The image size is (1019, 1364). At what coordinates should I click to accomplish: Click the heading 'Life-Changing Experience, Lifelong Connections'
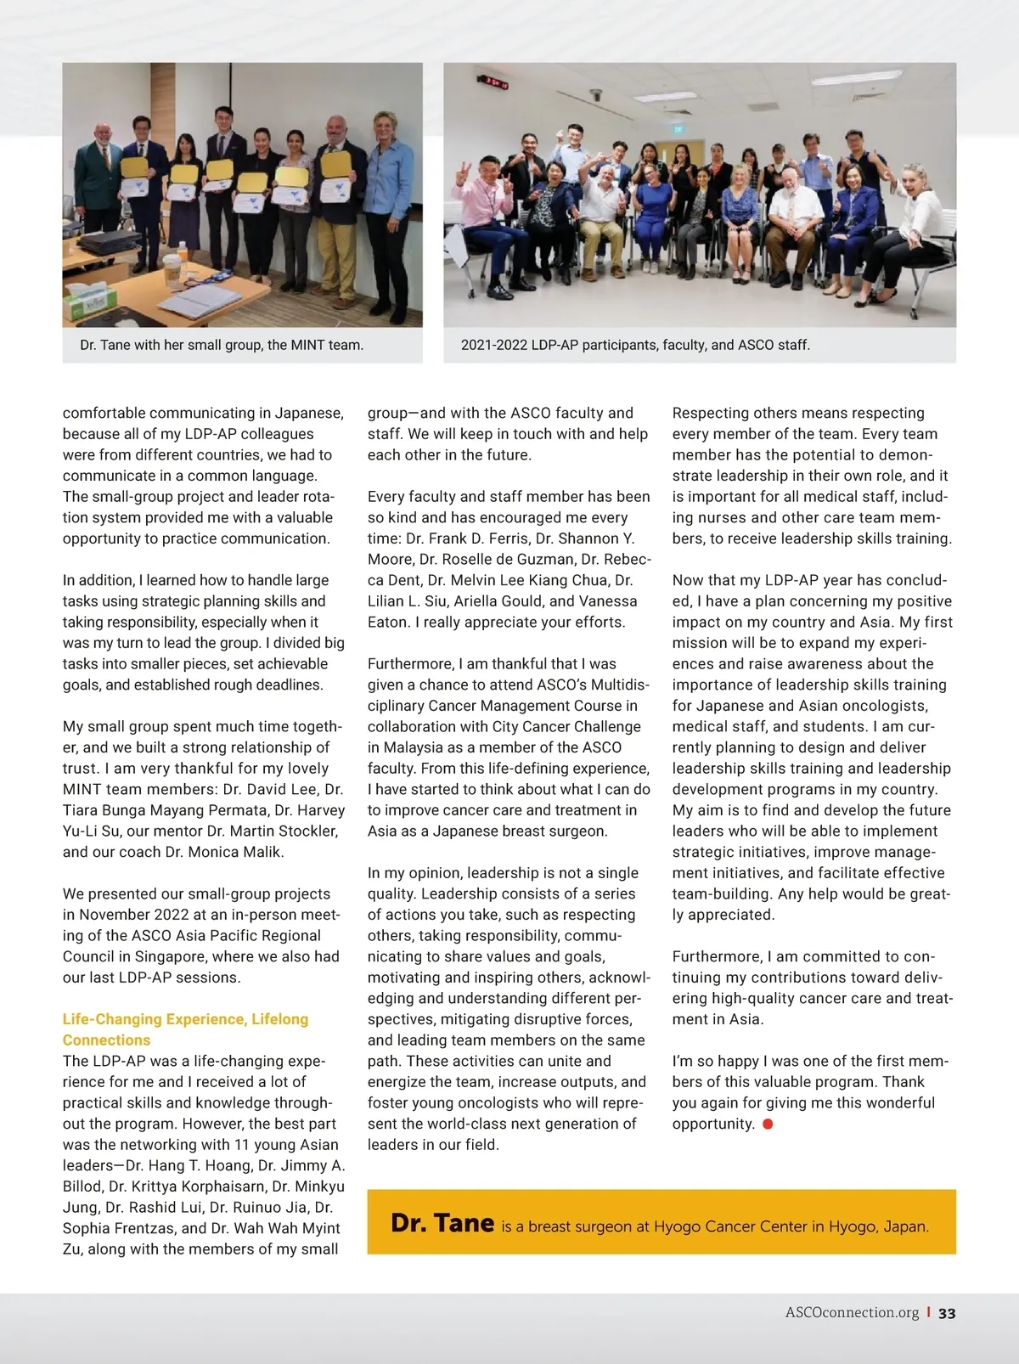185,1029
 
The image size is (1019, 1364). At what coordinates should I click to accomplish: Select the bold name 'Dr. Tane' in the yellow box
442,1223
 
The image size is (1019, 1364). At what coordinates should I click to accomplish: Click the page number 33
947,1313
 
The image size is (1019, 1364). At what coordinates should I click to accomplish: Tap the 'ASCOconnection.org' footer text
852,1313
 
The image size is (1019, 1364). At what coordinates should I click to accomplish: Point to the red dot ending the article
768,1124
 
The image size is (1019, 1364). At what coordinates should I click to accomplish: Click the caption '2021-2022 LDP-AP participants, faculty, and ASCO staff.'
635,345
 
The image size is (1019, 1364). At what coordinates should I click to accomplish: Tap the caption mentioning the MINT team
222,345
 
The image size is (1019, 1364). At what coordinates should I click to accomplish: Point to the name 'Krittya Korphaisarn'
194,1186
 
